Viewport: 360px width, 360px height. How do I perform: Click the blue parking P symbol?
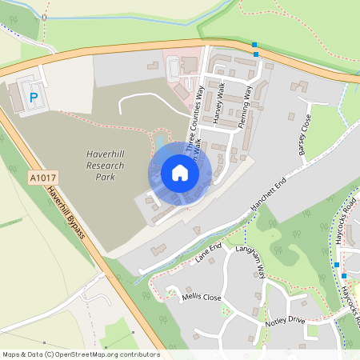(x=34, y=97)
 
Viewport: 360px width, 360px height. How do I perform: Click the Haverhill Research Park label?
(x=106, y=159)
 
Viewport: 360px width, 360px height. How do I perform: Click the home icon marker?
(x=180, y=173)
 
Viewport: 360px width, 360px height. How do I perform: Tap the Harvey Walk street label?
(x=219, y=102)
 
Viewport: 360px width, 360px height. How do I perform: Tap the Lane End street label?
(x=206, y=254)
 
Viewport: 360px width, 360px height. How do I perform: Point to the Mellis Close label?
(x=201, y=296)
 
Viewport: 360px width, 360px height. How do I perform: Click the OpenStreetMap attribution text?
(x=80, y=354)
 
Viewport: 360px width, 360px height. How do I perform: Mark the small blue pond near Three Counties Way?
(x=159, y=142)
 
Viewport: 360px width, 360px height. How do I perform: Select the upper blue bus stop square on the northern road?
(x=254, y=45)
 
